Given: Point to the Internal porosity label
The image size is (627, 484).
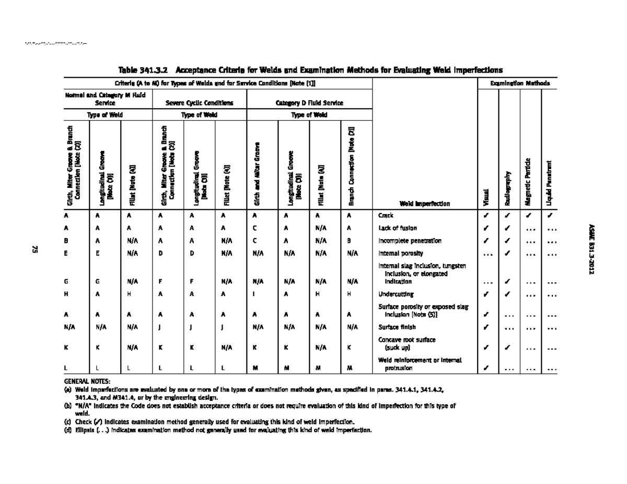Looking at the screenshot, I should click(398, 254).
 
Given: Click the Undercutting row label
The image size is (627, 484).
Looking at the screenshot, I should click(396, 294).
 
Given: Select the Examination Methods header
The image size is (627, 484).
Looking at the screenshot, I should click(519, 84).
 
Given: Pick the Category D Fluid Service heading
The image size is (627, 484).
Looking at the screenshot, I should click(310, 103).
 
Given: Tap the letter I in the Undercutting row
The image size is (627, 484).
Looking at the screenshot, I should click(253, 294).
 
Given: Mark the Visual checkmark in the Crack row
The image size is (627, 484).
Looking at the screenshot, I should click(487, 215).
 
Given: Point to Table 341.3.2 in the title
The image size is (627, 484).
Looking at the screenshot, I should click(144, 69).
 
